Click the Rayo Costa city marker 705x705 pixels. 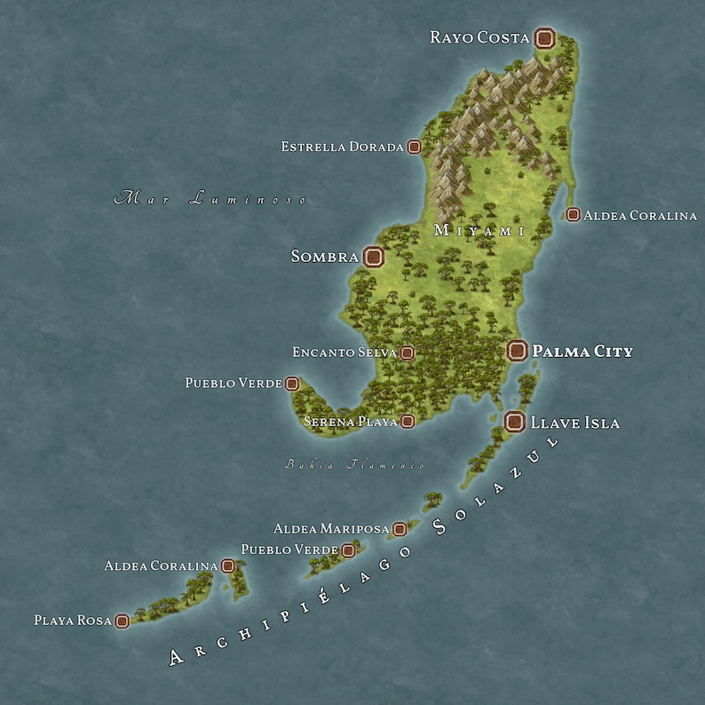[545, 38]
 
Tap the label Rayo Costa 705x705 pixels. [479, 37]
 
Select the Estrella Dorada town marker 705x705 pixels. [414, 147]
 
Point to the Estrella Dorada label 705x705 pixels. [342, 147]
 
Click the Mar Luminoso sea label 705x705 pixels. [210, 198]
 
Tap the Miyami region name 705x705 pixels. [479, 231]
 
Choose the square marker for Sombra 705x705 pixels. [374, 257]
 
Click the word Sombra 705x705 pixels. [324, 257]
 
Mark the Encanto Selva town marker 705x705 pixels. [408, 353]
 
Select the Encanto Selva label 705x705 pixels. [345, 352]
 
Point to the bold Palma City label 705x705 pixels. [582, 352]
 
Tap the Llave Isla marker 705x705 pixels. [513, 423]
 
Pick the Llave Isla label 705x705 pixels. [574, 424]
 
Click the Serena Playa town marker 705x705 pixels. [408, 422]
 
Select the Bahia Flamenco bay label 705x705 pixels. [354, 464]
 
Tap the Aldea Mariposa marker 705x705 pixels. [400, 529]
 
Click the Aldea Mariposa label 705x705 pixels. [331, 529]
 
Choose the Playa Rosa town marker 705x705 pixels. [123, 621]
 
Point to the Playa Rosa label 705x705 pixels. [73, 621]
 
